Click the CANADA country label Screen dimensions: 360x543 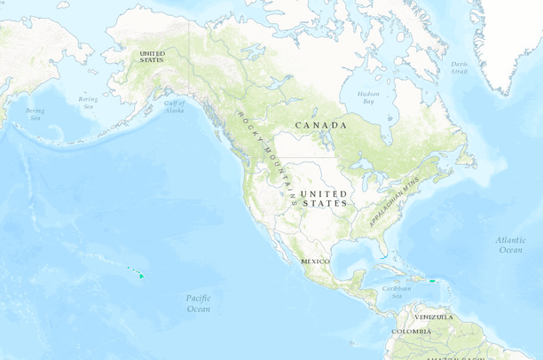tap(320, 125)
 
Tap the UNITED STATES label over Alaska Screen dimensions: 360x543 tap(152, 56)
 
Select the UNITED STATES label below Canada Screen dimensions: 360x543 tap(324, 199)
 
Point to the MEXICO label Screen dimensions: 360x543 tap(315, 262)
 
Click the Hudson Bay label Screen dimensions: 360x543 tap(368, 97)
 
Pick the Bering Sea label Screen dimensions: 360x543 tap(88, 104)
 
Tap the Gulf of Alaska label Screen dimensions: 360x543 tap(174, 106)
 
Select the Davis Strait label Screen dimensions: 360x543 tap(458, 67)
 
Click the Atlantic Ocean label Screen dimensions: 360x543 tap(510, 245)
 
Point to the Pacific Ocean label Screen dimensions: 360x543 tap(199, 303)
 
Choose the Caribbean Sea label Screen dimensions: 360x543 tap(397, 291)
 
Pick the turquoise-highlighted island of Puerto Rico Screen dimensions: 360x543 tap(432, 281)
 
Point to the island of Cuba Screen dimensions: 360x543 tap(397, 269)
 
